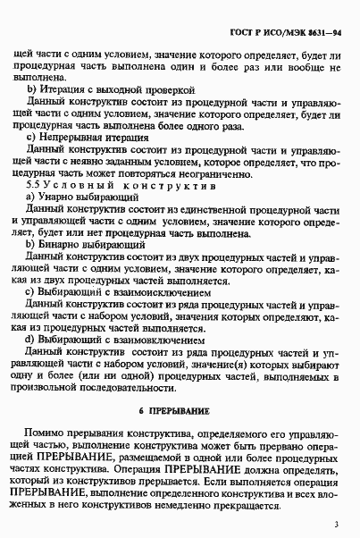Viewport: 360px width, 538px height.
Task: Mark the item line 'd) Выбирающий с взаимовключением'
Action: (x=117, y=339)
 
